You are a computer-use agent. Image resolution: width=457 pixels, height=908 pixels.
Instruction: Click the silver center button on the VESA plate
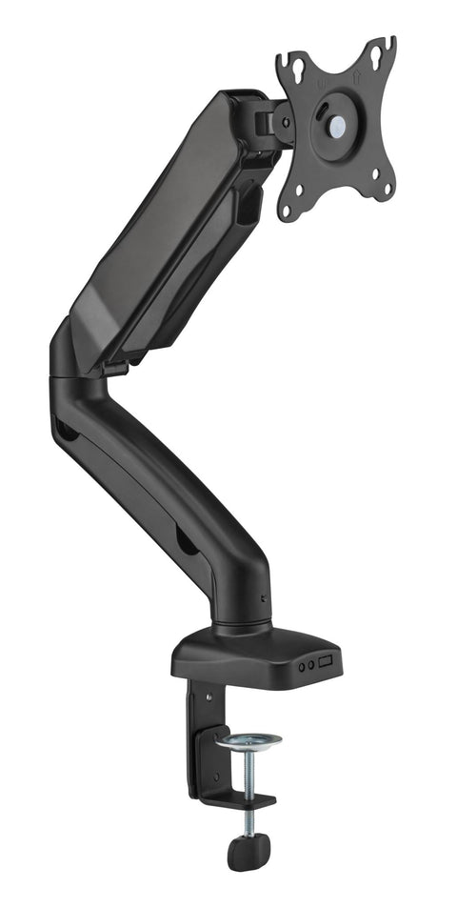click(338, 124)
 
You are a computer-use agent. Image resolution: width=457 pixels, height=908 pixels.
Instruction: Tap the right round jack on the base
click(311, 665)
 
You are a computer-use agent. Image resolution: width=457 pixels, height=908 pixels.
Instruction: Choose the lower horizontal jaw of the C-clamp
click(233, 800)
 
